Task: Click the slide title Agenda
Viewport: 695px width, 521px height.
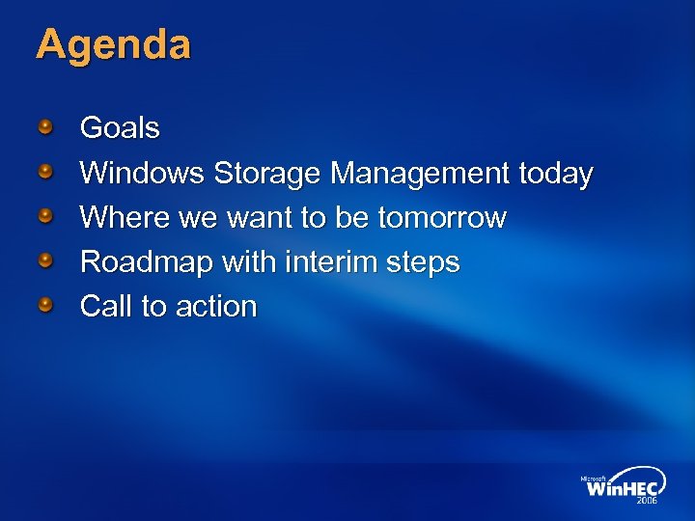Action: click(x=113, y=45)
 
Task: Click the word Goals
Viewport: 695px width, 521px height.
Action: click(x=120, y=127)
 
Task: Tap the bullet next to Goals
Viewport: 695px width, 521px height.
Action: click(x=46, y=125)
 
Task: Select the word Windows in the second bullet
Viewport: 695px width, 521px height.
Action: click(x=141, y=174)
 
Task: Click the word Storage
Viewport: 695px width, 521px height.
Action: click(x=267, y=174)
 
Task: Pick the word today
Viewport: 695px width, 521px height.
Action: click(x=555, y=174)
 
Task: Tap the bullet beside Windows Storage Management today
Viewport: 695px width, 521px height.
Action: click(x=46, y=171)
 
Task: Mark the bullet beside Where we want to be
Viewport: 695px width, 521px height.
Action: click(x=46, y=215)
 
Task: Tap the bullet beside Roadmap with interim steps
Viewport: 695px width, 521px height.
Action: click(x=46, y=260)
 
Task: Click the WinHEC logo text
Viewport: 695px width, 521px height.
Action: click(x=622, y=487)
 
